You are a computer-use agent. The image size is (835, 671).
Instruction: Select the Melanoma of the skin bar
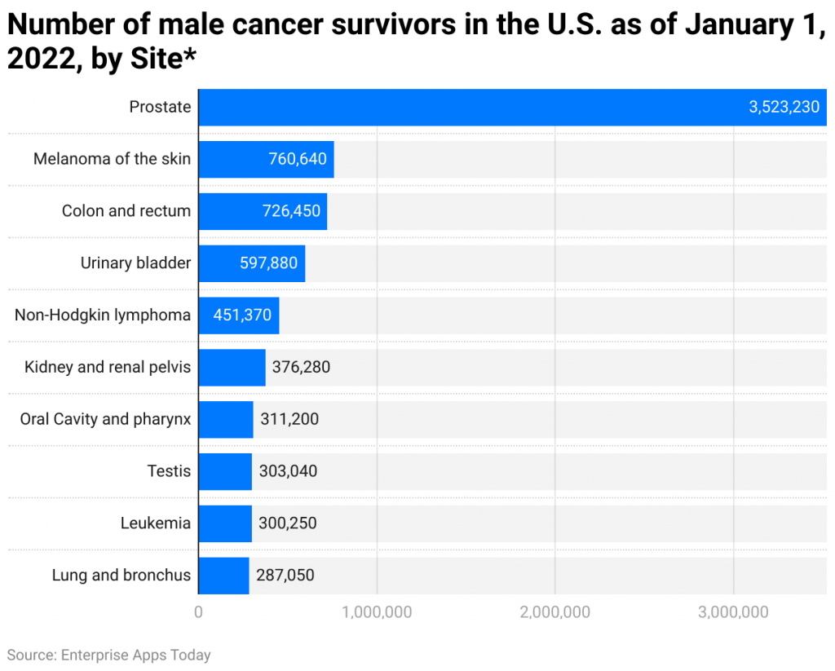point(266,159)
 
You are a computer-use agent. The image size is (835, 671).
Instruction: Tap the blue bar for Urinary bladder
point(251,263)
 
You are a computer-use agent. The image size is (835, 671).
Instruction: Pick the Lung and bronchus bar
point(223,576)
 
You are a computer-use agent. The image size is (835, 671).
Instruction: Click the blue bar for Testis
point(225,471)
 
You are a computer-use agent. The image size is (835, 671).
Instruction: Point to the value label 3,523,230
point(784,107)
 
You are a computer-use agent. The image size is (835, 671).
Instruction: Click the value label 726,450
point(291,211)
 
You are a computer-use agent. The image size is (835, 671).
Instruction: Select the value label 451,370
point(242,316)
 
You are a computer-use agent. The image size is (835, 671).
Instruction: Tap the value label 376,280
point(295,368)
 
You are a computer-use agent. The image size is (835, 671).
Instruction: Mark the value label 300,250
point(288,523)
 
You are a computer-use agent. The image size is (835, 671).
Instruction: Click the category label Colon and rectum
point(126,211)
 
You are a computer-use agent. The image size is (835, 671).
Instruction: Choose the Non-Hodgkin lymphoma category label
point(103,316)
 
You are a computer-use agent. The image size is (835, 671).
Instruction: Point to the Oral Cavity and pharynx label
point(105,419)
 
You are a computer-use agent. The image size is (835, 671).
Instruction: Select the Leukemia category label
point(156,523)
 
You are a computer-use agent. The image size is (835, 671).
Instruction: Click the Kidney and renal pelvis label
point(108,368)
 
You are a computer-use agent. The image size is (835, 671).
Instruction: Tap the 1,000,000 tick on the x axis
point(377,612)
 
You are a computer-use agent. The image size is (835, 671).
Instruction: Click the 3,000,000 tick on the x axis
point(734,612)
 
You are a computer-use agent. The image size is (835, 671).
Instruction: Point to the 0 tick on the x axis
point(198,612)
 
